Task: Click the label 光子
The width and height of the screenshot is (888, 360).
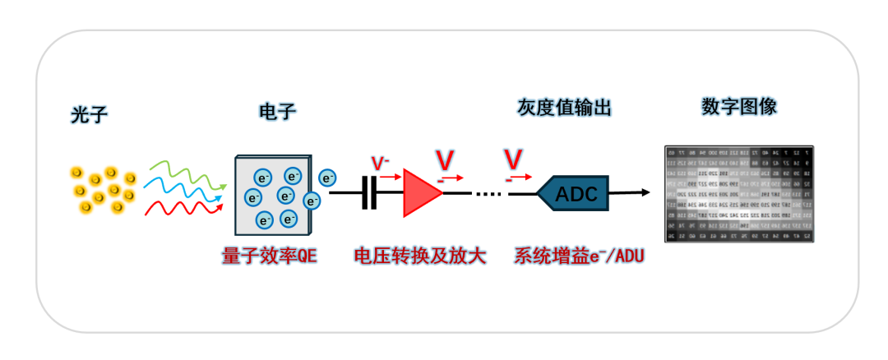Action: coord(89,116)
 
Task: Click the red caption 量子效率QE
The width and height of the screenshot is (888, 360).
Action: coord(269,256)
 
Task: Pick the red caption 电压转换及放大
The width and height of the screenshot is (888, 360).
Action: coord(420,256)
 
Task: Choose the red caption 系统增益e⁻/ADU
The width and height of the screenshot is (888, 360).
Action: coord(579,256)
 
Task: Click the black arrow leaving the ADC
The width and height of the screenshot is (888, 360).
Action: coord(630,194)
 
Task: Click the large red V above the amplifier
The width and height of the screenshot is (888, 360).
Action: coord(445,159)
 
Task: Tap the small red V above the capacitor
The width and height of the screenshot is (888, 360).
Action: coord(380,163)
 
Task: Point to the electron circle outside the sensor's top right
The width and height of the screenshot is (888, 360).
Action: coord(327,178)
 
